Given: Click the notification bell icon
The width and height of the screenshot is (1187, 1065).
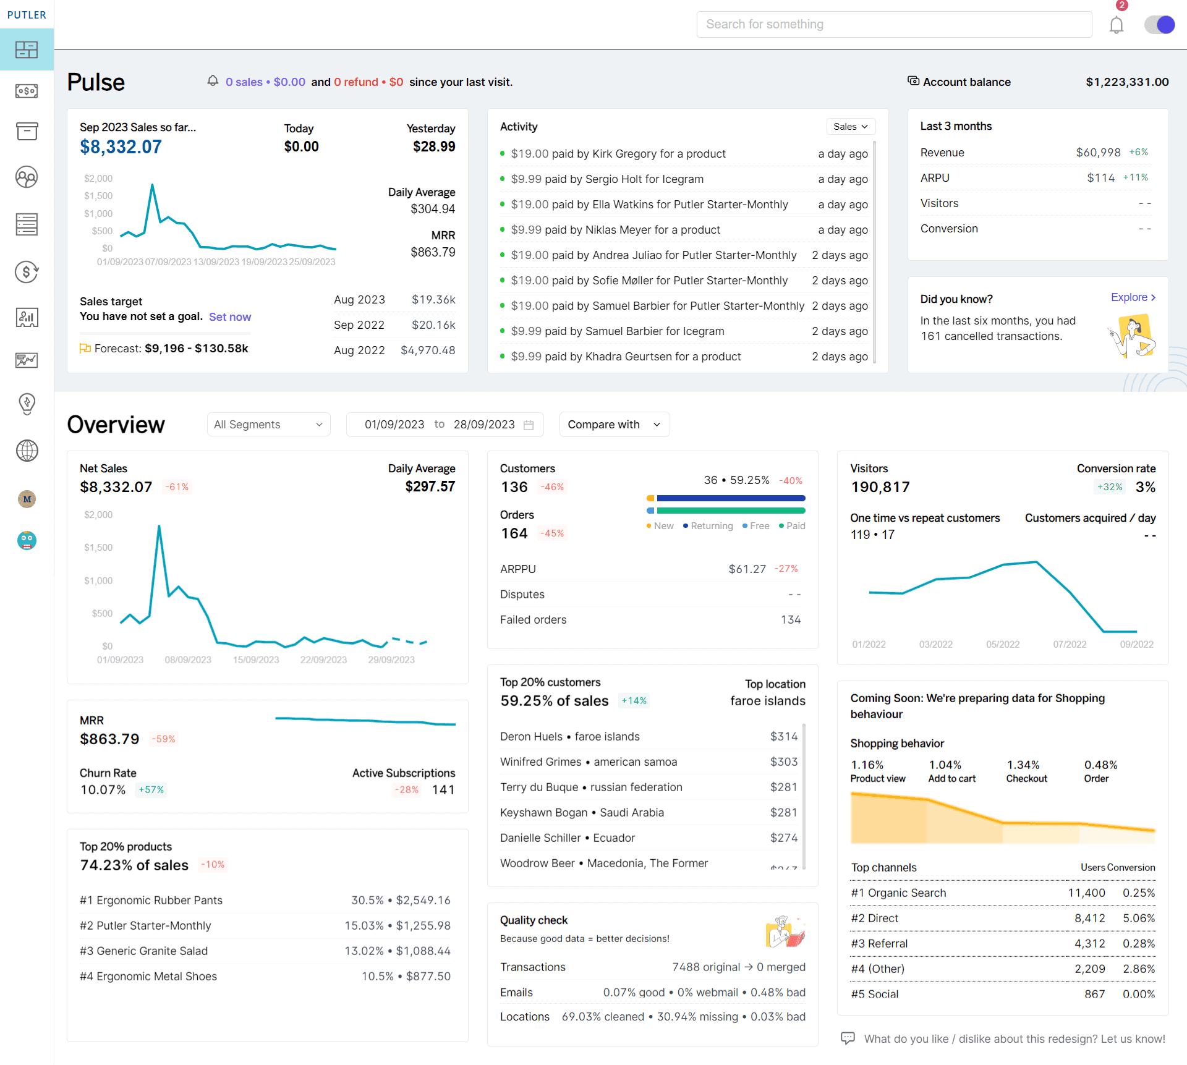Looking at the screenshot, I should pos(1116,25).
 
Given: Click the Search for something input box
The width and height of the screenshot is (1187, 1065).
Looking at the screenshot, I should pos(893,25).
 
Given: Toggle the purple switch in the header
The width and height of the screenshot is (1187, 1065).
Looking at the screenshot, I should pos(1159,25).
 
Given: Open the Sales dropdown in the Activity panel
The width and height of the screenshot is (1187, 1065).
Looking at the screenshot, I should pos(851,127).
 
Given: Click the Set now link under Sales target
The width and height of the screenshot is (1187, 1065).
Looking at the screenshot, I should pos(230,317).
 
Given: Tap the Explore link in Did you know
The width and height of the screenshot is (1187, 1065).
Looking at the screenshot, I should pos(1133,297).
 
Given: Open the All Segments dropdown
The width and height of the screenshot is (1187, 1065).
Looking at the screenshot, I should pos(268,425).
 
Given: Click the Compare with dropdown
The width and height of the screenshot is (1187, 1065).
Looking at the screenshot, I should pos(614,425).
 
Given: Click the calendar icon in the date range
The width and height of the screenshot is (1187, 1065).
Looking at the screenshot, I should pos(529,425).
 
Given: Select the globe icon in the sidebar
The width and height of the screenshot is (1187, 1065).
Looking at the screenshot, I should pos(27,451).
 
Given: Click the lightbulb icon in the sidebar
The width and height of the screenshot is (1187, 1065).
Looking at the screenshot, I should pos(27,404).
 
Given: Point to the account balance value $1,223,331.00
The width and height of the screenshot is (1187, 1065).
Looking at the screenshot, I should pos(1127,82).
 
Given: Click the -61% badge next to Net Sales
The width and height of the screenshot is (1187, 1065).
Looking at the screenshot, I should pos(177,487).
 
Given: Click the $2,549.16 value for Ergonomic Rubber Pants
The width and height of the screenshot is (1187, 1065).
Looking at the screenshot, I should pos(423,901).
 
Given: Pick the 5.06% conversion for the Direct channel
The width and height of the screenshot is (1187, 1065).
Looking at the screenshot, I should pos(1139,919).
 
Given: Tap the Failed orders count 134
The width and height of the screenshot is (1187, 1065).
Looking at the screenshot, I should pos(790,620).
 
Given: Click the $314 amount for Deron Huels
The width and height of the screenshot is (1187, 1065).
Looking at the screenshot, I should pos(783,737).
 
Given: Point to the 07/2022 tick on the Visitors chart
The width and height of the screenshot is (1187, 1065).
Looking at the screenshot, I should pos(1070,645).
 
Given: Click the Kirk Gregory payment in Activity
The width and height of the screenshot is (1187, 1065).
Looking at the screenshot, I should pos(618,154).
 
